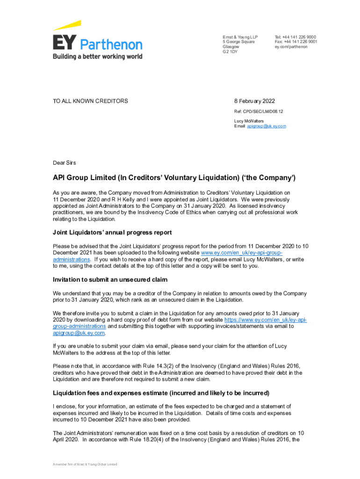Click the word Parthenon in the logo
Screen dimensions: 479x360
[x=112, y=45]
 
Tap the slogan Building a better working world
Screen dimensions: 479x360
[x=97, y=57]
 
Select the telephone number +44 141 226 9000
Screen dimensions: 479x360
[x=299, y=37]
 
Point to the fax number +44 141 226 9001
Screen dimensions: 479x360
[x=299, y=42]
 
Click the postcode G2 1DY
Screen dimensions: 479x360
[x=230, y=52]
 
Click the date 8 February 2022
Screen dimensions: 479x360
[x=254, y=101]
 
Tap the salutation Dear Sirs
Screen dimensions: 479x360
[x=65, y=163]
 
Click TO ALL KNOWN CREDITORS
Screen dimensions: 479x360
[x=90, y=101]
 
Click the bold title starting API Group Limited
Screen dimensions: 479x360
[x=174, y=178]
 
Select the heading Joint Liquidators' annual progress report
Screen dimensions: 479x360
[x=112, y=232]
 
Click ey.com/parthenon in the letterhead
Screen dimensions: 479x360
[x=291, y=47]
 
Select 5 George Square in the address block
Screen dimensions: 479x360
[x=238, y=42]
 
